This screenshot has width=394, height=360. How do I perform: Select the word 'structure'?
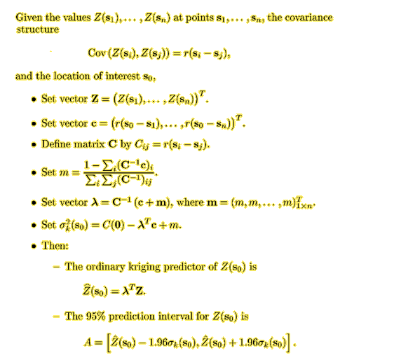point(38,29)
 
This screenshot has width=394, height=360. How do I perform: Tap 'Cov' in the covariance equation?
point(97,53)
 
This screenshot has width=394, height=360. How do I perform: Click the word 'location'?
point(72,76)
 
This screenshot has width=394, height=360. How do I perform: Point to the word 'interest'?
point(123,76)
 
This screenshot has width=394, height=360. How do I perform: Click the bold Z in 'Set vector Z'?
point(95,99)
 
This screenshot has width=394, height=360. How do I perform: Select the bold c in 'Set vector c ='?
point(94,124)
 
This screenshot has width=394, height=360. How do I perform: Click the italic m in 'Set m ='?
point(64,173)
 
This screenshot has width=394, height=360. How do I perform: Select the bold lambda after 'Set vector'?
point(94,202)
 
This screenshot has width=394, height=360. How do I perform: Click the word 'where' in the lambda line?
point(190,202)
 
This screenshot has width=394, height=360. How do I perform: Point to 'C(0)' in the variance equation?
point(114,226)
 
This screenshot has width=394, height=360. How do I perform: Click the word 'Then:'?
point(55,246)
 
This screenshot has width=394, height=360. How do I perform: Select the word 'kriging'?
point(144,267)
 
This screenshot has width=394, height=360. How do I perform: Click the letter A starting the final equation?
point(88,342)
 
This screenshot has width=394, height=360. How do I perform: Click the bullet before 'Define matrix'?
point(34,145)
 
